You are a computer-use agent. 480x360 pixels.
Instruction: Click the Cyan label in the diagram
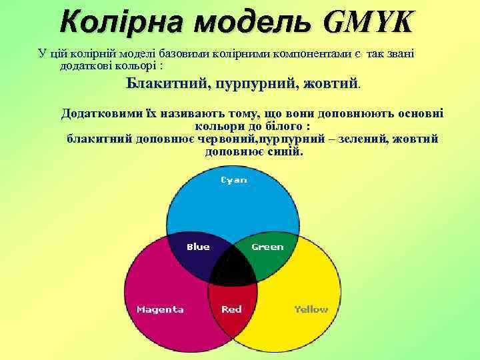tap(233, 180)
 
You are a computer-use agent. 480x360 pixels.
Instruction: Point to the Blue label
tap(198, 247)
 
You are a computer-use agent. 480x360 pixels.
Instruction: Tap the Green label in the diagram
tap(267, 247)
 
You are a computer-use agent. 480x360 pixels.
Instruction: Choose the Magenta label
tap(160, 309)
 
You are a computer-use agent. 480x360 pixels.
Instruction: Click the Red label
tap(231, 309)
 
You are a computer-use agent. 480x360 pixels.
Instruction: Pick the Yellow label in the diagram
tap(311, 309)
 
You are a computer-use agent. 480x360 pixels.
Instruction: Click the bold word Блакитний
tap(167, 85)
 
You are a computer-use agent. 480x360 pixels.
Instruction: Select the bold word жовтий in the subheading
tap(331, 85)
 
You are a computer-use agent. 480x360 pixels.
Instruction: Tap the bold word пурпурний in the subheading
tap(257, 85)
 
